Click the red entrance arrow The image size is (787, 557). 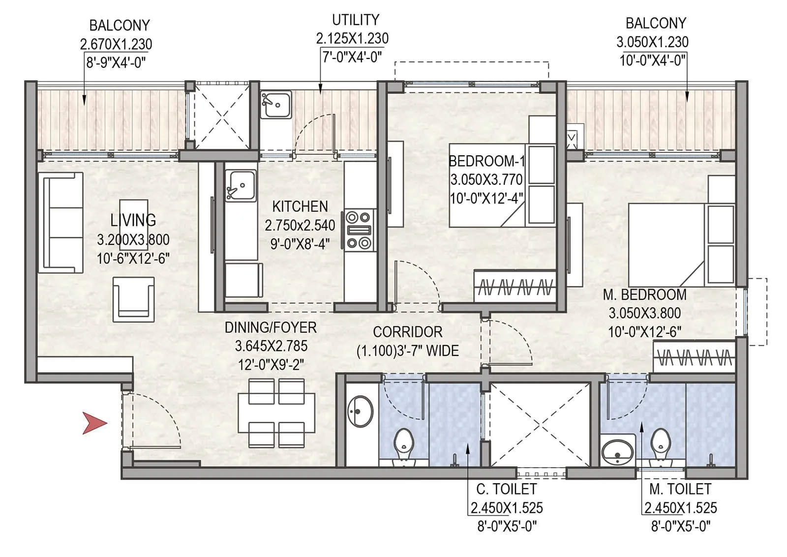(x=94, y=423)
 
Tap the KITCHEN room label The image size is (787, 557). (x=300, y=206)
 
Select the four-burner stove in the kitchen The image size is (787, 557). (x=358, y=230)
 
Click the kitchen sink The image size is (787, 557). (x=241, y=185)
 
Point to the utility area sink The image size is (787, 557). (x=275, y=104)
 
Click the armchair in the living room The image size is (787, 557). (x=133, y=299)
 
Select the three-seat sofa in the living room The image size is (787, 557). (x=61, y=222)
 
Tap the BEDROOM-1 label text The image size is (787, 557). (x=487, y=161)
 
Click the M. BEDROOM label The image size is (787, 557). (x=644, y=295)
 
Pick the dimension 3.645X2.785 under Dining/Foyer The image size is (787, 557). (x=271, y=346)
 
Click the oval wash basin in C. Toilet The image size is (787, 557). (x=361, y=411)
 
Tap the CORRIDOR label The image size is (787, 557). (x=407, y=332)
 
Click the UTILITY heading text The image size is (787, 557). (x=355, y=20)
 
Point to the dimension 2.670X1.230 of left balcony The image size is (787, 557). (x=116, y=44)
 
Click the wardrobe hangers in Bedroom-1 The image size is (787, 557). (x=515, y=287)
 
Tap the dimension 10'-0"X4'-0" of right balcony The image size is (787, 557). (x=652, y=61)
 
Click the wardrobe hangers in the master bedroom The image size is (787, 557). (x=695, y=357)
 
